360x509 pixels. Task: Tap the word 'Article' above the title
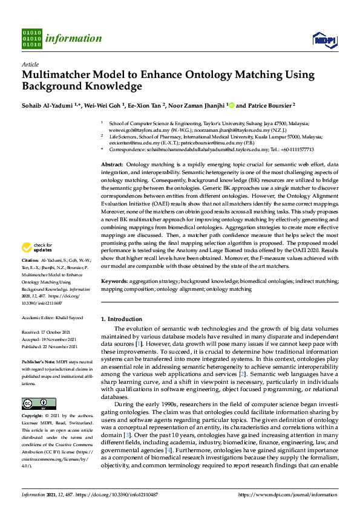[30, 63]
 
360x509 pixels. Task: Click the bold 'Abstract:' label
[112, 165]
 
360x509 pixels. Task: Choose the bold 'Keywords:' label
[114, 281]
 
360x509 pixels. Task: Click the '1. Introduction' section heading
[121, 319]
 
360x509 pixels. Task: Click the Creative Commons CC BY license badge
[34, 404]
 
